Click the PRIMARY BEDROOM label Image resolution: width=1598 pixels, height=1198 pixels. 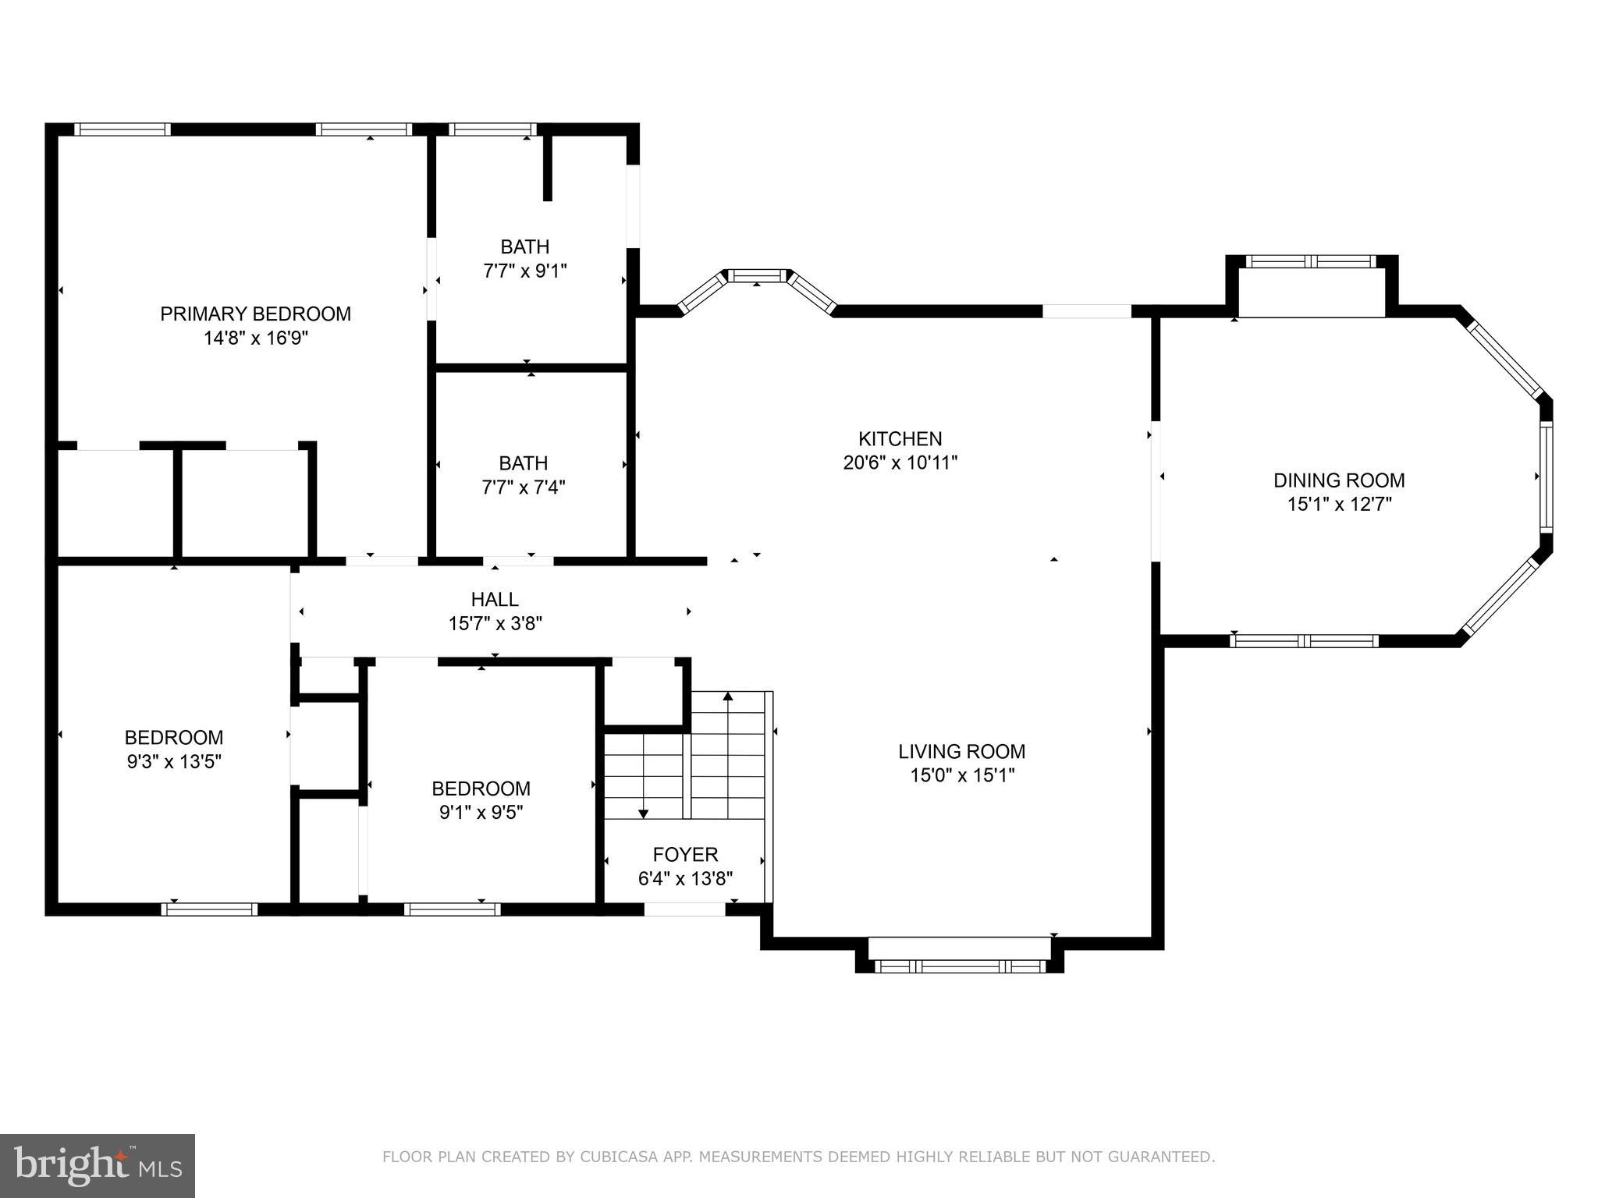[255, 314]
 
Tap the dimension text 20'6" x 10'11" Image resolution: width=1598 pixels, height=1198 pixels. [900, 463]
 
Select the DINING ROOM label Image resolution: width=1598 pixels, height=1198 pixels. [1339, 480]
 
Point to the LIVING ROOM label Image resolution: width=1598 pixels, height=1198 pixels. [961, 751]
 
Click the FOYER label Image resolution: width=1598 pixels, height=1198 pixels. [685, 854]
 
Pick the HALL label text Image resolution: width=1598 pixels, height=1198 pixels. [495, 599]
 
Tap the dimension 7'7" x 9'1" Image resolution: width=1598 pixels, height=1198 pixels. [524, 271]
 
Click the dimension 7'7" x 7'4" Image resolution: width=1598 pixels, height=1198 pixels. [523, 487]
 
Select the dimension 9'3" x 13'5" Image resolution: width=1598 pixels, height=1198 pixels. [174, 761]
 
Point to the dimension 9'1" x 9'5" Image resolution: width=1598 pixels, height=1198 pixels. [481, 812]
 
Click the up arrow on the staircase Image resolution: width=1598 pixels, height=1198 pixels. [728, 696]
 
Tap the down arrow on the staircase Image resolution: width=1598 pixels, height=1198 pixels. [643, 813]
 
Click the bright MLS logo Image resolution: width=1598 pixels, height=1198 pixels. [98, 1166]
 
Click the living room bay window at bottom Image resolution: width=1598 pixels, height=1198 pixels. [959, 966]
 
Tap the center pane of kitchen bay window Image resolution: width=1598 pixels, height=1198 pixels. [757, 275]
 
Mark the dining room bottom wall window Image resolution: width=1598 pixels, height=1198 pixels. [1304, 641]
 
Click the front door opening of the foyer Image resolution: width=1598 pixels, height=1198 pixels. [684, 909]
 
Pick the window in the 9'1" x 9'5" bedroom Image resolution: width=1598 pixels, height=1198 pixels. [452, 909]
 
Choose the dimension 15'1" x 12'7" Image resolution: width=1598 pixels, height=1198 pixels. [1339, 504]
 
